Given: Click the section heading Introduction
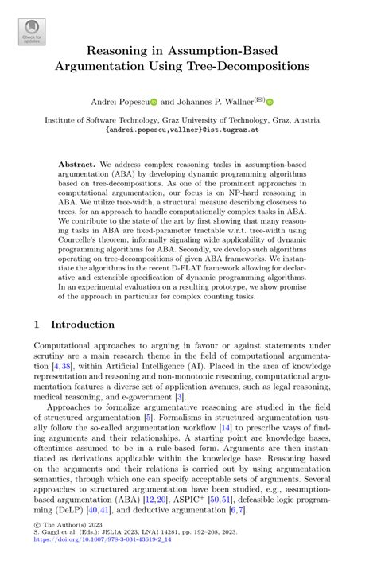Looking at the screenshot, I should (x=83, y=325).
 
